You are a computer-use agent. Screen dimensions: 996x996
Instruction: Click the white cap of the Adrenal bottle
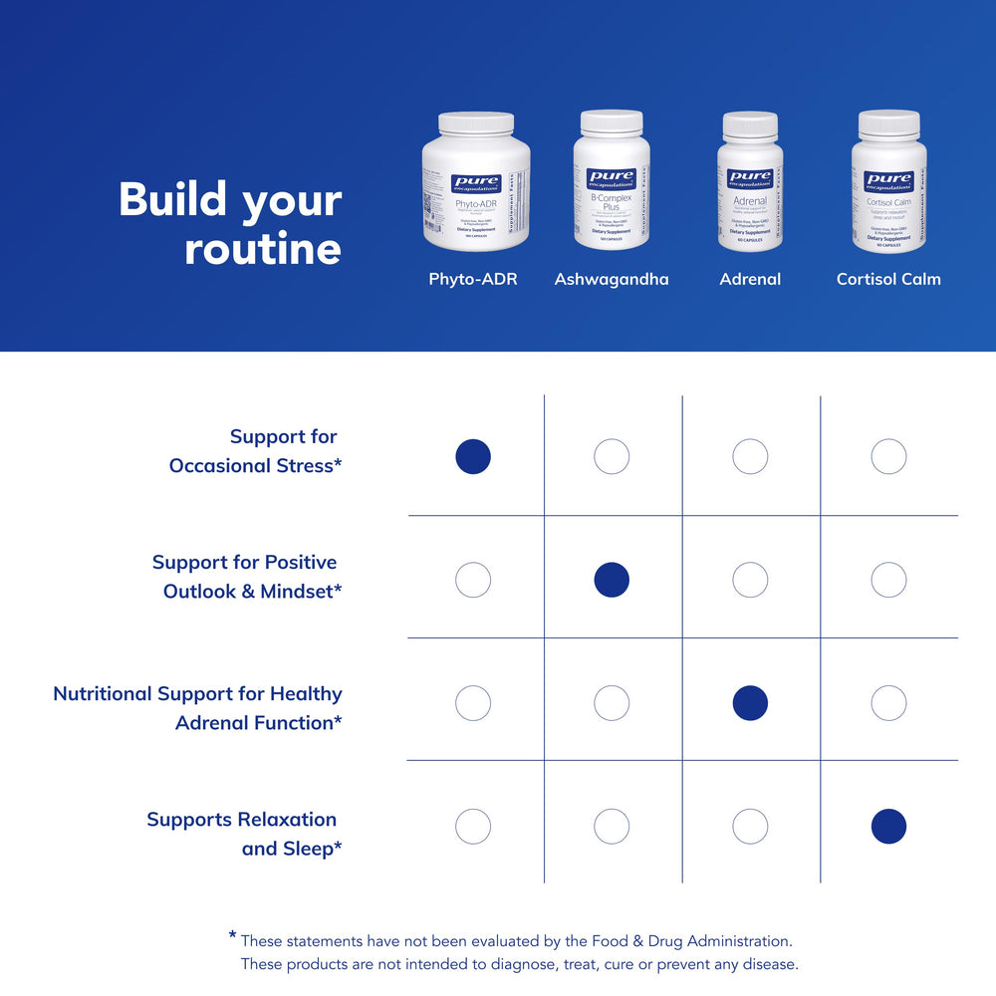click(750, 124)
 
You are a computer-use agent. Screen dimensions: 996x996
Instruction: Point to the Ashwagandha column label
click(612, 279)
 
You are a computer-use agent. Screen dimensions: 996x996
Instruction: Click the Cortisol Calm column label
click(888, 279)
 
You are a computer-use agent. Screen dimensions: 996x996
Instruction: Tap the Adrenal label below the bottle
click(750, 279)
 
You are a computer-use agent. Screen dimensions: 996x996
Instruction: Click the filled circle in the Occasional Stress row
click(473, 457)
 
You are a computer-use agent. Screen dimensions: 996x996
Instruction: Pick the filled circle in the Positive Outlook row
click(612, 580)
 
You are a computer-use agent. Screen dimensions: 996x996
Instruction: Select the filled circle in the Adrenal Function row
click(750, 703)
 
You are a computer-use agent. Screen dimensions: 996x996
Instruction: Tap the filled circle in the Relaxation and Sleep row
click(888, 827)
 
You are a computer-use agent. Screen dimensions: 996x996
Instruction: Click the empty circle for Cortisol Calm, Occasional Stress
click(888, 457)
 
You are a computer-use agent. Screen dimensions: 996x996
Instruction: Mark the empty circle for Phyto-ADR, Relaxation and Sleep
click(473, 827)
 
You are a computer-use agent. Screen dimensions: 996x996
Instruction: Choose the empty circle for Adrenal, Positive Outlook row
click(750, 580)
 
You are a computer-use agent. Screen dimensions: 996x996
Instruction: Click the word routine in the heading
click(263, 249)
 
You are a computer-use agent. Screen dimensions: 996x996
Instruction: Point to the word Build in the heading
click(173, 199)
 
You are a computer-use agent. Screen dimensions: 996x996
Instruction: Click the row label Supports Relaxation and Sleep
click(243, 834)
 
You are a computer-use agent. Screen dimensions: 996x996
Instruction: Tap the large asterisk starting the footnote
click(232, 935)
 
